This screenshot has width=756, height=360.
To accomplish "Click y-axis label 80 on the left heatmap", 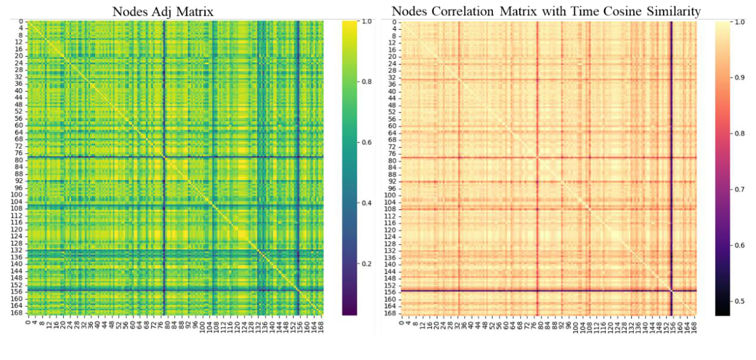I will point(19,161).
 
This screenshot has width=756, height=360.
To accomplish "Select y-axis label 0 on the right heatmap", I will point(395,22).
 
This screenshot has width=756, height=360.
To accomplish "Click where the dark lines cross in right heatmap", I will point(671,291).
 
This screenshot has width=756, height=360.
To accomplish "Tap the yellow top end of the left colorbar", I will point(349,23).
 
